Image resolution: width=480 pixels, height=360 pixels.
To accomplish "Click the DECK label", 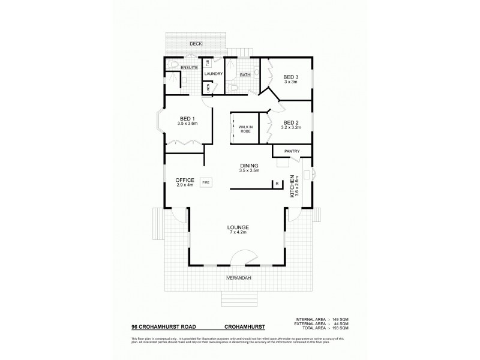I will pyautogui.click(x=196, y=44).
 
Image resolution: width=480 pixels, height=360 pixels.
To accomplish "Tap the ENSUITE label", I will pyautogui.click(x=181, y=67).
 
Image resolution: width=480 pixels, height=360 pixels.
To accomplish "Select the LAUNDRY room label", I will pyautogui.click(x=213, y=74).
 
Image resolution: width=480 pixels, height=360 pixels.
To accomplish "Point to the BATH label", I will pyautogui.click(x=245, y=75).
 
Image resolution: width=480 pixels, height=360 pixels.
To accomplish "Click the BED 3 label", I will pyautogui.click(x=291, y=77).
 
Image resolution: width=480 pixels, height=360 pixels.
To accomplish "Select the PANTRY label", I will pyautogui.click(x=292, y=151).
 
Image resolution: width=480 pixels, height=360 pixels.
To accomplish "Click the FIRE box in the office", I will pyautogui.click(x=205, y=181).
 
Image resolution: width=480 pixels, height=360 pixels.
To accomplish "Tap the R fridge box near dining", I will pyautogui.click(x=277, y=184).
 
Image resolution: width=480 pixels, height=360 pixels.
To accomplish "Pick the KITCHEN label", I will pyautogui.click(x=292, y=187).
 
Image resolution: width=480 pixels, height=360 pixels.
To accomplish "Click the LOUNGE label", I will pyautogui.click(x=238, y=227).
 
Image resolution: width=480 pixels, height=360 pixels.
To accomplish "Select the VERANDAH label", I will pyautogui.click(x=238, y=278).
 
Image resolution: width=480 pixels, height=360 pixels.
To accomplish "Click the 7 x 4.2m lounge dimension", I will pyautogui.click(x=238, y=233).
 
